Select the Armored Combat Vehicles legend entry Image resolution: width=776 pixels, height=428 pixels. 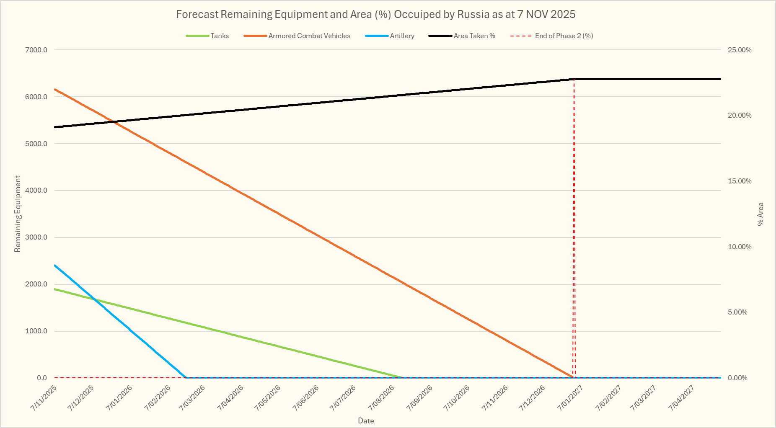309,36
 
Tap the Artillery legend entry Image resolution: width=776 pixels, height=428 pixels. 402,36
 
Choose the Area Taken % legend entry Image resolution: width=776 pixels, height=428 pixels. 474,36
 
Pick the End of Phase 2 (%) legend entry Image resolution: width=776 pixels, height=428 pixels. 564,36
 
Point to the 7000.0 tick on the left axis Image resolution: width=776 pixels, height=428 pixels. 36,50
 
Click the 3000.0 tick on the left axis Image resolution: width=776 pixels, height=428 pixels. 36,237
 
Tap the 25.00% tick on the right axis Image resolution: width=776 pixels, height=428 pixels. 740,50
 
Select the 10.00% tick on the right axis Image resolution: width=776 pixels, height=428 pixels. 740,247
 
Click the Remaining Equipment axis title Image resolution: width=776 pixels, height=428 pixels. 18,214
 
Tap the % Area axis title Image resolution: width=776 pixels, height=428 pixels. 760,214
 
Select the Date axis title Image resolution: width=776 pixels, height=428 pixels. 366,420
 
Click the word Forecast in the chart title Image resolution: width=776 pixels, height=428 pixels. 197,14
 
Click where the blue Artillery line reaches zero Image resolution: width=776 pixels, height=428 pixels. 186,377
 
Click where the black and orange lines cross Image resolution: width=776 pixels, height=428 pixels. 113,122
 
